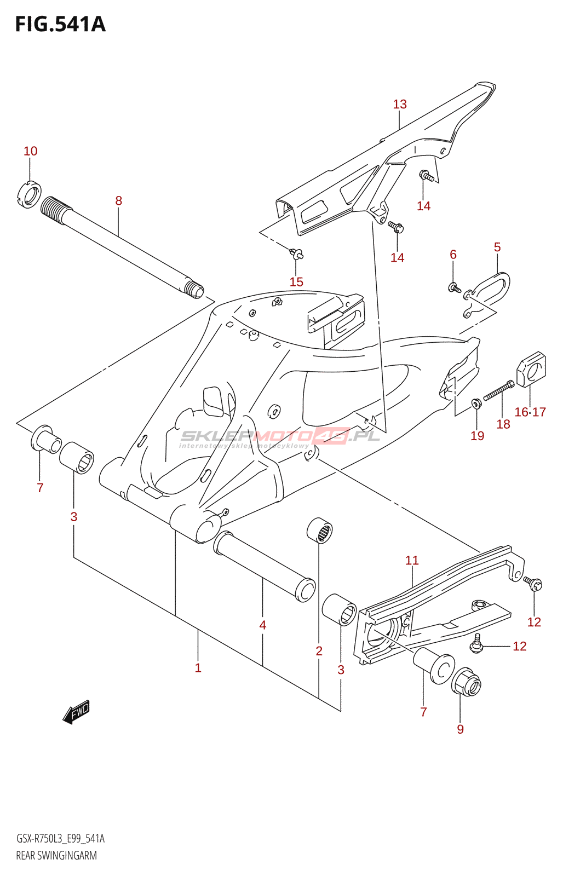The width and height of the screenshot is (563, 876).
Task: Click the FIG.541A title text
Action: coord(60,25)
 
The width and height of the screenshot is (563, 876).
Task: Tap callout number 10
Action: coord(31,151)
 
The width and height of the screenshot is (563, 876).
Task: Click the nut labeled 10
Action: coord(30,194)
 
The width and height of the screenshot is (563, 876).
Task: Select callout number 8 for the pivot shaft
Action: coord(118,201)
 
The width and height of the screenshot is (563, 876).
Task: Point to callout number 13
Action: coord(400,104)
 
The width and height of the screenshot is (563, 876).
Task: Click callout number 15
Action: coord(296,282)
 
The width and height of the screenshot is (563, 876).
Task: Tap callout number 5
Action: coord(497,247)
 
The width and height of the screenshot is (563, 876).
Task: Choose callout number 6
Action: coord(453,254)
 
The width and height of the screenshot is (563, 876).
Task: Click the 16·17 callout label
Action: coord(530,412)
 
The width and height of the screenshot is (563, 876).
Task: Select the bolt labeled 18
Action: coord(498,391)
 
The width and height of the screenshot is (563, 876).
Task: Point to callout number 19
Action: coord(478,435)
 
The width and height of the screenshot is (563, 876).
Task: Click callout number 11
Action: coord(412,560)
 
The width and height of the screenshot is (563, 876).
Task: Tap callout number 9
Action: coord(460,729)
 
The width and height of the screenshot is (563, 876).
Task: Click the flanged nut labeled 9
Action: coord(466,682)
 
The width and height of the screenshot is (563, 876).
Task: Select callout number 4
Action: coord(263,625)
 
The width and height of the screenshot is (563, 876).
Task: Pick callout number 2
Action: coord(319,651)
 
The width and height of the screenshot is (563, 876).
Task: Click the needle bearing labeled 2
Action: coord(319,531)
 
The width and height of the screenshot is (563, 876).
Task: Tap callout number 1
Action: coord(198,668)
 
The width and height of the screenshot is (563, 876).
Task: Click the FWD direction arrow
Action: coord(76,712)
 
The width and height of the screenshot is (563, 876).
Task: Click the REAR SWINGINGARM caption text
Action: coord(56,856)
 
